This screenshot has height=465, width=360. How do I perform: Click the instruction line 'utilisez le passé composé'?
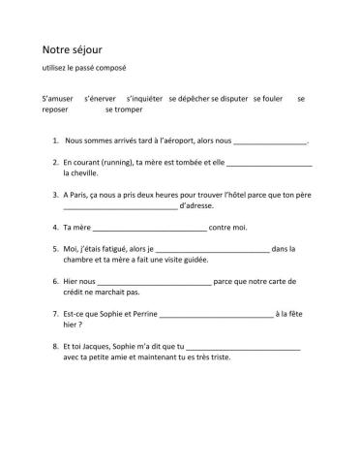pos(84,67)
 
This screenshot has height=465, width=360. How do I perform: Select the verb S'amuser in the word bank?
pos(58,99)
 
